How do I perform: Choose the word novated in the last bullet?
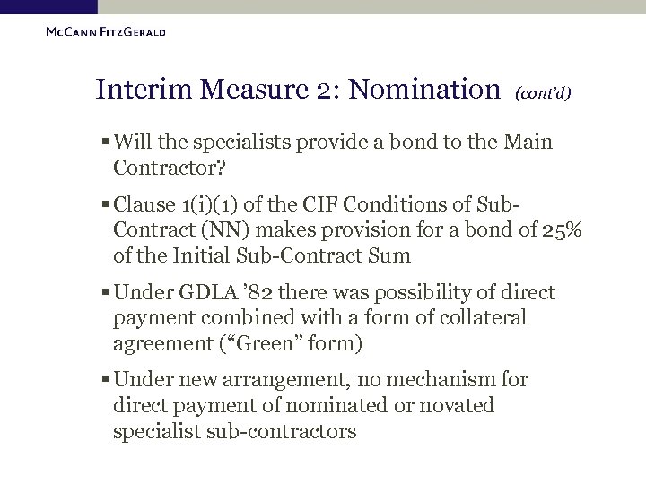click(454, 405)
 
